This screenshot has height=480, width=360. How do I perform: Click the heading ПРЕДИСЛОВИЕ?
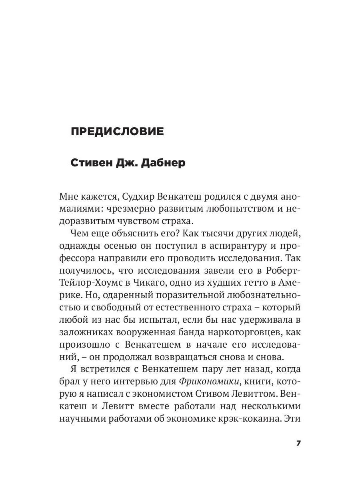[117, 132]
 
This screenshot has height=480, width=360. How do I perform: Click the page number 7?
[298, 444]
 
